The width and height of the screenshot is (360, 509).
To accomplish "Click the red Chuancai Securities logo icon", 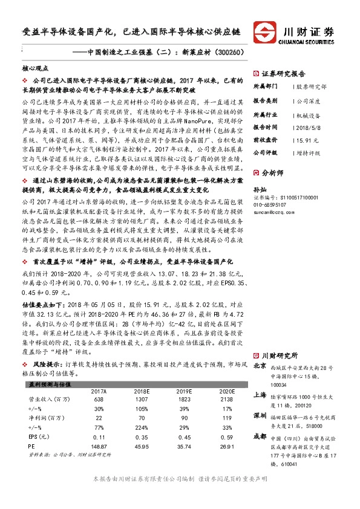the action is (264, 30).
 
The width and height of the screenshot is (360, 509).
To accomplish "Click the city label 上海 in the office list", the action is (260, 394).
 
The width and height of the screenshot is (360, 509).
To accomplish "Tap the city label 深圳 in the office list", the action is (260, 416).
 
